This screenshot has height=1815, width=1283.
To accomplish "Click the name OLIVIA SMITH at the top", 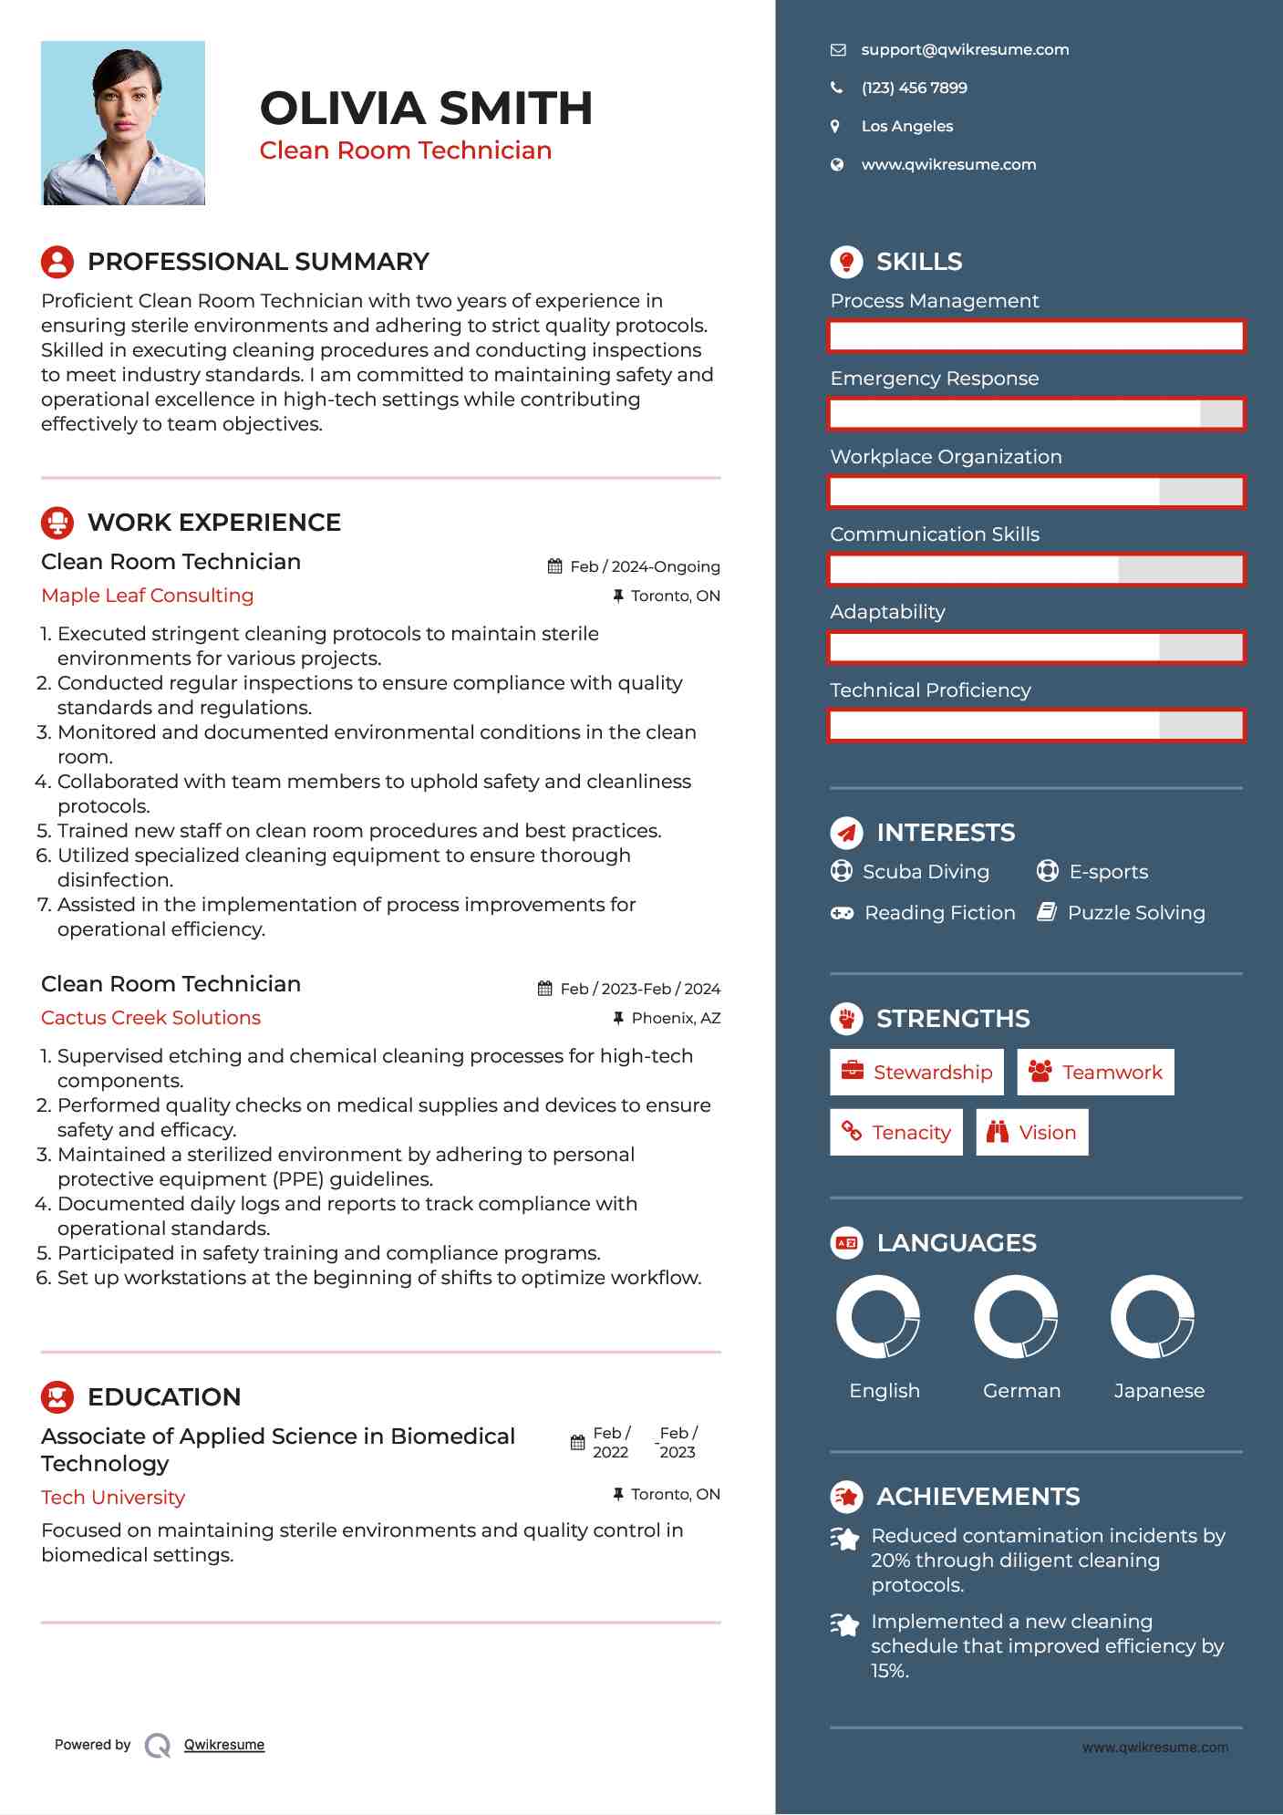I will point(426,108).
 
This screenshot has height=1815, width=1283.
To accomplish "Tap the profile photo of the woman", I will point(123,123).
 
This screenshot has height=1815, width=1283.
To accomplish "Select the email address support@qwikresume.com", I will point(965,49).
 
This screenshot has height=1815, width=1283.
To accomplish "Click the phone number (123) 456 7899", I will point(914,88).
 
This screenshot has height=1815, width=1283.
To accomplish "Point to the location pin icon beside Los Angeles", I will point(835,126).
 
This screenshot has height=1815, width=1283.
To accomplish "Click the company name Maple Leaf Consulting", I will point(148,596).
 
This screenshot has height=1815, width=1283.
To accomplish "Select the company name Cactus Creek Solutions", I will point(151,1018).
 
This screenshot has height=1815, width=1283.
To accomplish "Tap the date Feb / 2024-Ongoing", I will point(645,566).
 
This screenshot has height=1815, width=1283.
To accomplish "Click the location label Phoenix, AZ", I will point(676,1018).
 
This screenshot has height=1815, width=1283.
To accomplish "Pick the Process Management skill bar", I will point(1036,336).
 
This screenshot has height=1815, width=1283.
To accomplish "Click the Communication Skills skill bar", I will point(1036,569).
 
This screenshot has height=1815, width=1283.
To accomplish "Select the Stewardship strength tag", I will point(916,1072).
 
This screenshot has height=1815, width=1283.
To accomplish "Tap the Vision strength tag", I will point(1031,1132).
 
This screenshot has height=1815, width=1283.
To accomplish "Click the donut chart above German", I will point(1016,1317).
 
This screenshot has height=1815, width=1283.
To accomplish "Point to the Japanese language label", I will point(1159,1391).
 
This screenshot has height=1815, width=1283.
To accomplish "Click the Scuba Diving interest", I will point(926,872).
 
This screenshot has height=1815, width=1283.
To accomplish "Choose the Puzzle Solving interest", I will point(1135,913).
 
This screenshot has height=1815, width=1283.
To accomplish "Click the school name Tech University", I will point(113,1498).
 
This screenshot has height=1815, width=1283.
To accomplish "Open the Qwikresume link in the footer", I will point(224,1745).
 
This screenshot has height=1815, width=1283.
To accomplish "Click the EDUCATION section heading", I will point(164,1397).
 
